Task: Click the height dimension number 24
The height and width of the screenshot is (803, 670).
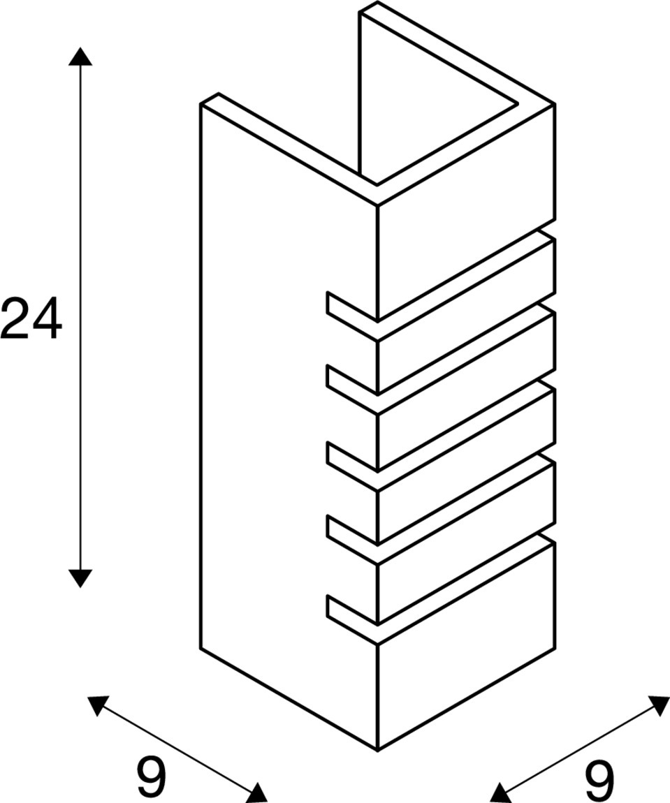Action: [x=31, y=318]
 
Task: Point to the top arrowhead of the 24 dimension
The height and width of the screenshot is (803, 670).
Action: [x=80, y=57]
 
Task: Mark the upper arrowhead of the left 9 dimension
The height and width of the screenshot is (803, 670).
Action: [x=98, y=704]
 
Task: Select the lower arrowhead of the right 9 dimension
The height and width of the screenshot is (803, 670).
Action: [x=500, y=793]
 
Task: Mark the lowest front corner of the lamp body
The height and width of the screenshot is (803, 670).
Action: [x=378, y=749]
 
